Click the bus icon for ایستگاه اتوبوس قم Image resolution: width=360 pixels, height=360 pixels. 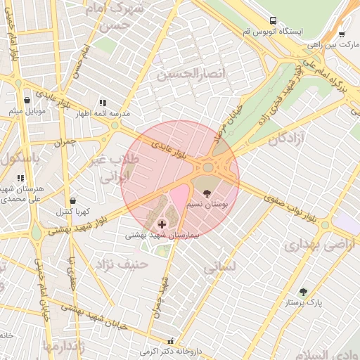pos(274,21)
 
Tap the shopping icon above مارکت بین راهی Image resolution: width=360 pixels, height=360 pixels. pos(342,33)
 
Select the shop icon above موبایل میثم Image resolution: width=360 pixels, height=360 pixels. pos(27,101)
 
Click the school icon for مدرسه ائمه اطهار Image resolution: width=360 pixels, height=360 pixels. pos(103,102)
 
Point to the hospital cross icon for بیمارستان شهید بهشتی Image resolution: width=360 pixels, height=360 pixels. pos(162,224)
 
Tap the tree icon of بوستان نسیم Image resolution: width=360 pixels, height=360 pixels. pos(206,193)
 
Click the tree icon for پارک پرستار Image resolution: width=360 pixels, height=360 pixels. pos(303,291)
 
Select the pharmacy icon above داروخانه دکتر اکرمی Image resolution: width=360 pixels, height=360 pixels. pos(169,340)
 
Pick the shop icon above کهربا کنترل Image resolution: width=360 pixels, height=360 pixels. pos(72,200)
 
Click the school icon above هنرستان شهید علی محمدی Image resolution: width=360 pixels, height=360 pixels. pos(20,179)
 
